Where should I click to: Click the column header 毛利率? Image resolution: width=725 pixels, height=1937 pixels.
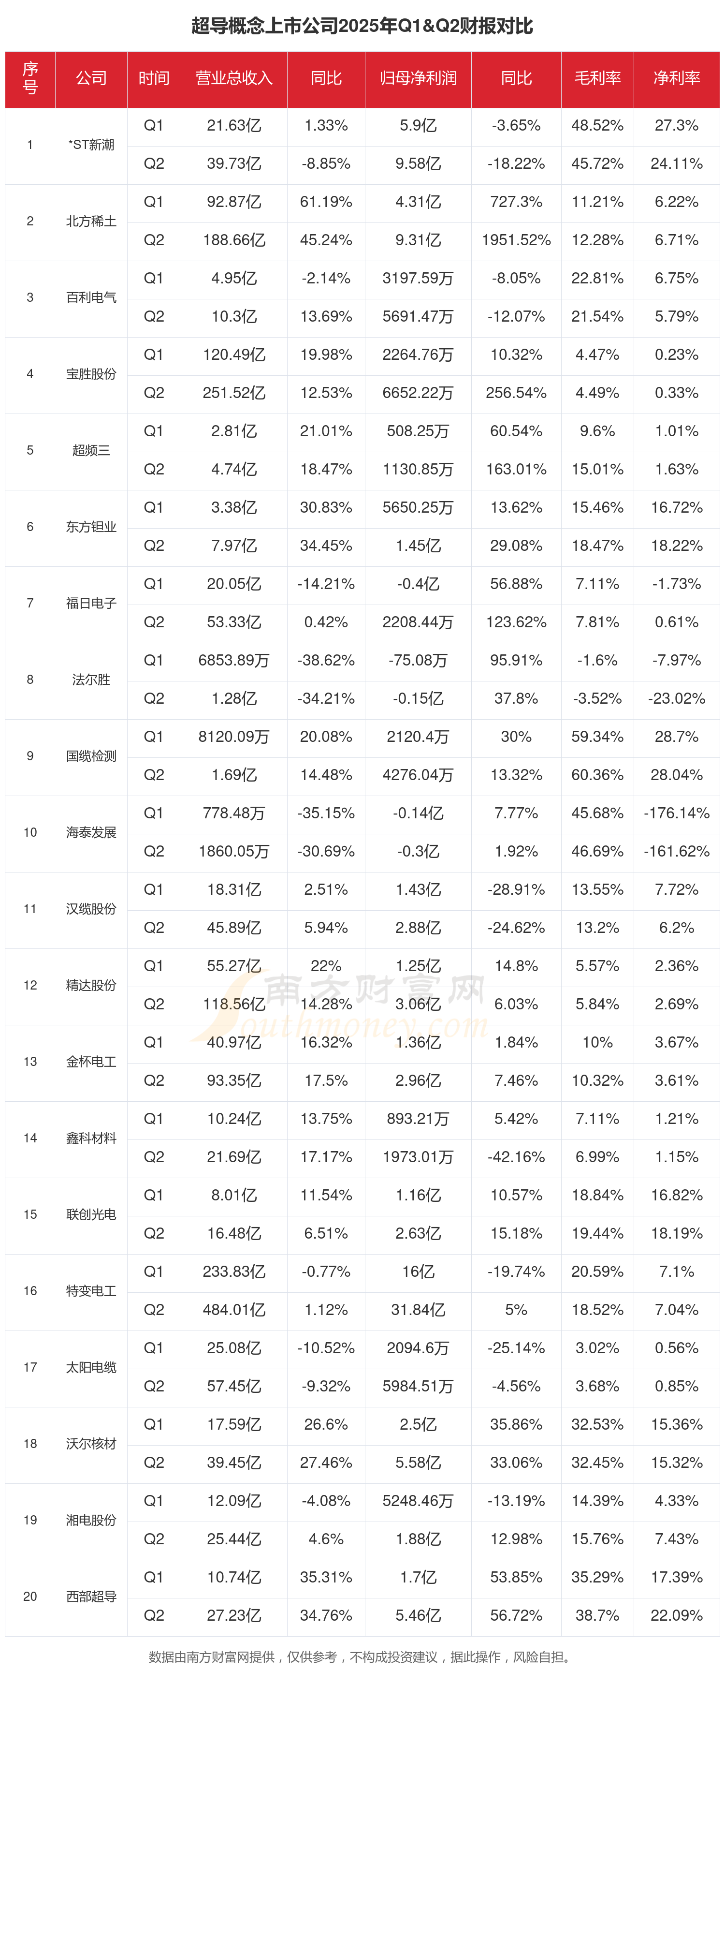[x=597, y=78]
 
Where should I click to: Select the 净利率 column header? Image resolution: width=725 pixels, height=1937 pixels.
[x=676, y=78]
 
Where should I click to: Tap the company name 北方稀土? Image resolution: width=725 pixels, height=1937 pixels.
[x=91, y=221]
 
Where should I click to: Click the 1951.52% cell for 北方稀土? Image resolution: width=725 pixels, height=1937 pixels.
[x=516, y=240]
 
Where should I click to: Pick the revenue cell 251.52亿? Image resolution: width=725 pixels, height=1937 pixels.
[x=233, y=393]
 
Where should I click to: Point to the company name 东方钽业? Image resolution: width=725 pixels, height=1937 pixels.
[x=91, y=526]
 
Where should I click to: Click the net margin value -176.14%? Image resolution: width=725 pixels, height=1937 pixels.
[x=676, y=813]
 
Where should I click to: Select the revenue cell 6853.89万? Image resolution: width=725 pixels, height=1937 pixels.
[x=233, y=660]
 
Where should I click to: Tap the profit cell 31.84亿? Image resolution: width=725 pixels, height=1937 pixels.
[x=418, y=1309]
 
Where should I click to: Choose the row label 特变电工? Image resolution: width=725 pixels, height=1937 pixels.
[x=91, y=1290]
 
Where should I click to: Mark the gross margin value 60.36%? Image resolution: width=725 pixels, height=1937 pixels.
[x=597, y=774]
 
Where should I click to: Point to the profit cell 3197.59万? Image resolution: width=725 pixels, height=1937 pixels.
[x=418, y=278]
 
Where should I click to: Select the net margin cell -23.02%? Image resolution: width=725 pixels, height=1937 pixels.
[x=676, y=698]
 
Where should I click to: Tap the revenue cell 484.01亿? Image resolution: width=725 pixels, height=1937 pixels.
[x=233, y=1309]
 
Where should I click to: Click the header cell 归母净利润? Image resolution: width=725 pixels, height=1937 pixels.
[x=418, y=78]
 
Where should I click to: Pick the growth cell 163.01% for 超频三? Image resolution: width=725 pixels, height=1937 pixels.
[x=516, y=469]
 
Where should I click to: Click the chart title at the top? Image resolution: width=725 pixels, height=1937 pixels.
[x=362, y=26]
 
